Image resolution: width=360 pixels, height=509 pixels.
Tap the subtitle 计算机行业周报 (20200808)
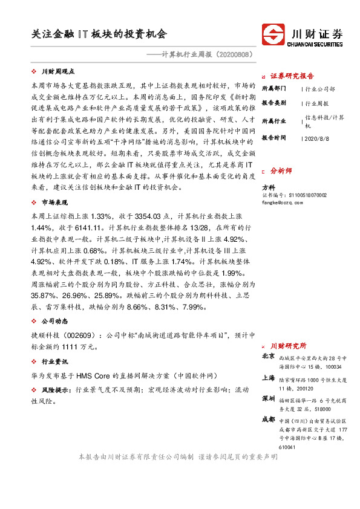coord(201,54)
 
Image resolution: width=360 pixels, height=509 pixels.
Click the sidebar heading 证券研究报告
coord(292,76)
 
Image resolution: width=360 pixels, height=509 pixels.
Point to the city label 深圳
coord(268,400)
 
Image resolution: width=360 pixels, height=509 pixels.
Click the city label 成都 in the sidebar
coord(268,419)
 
